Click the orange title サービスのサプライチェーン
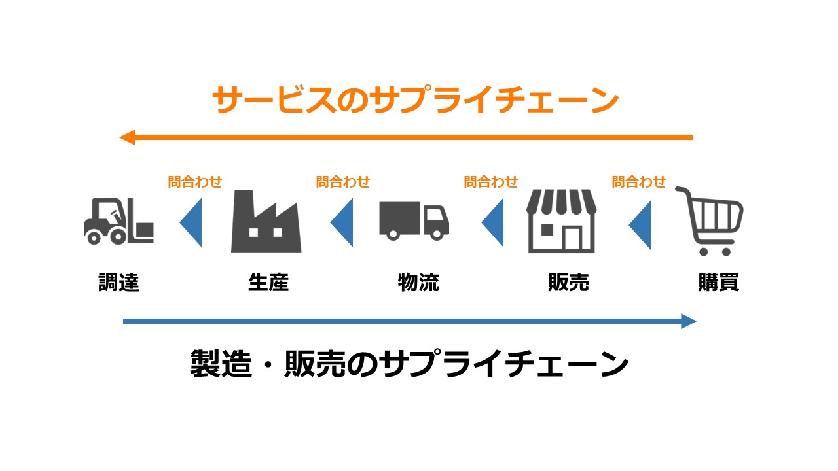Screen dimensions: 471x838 (416, 101)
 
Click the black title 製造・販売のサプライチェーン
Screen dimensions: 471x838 (409, 364)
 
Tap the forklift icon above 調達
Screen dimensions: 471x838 (118, 221)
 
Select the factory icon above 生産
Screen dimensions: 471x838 (266, 222)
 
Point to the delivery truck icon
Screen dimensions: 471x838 (414, 220)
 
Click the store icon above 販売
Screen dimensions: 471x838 (562, 221)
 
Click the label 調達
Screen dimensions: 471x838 (118, 283)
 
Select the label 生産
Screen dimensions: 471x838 (268, 283)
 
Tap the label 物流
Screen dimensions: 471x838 (418, 283)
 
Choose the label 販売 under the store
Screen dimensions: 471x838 (568, 283)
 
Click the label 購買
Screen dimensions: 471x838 (718, 283)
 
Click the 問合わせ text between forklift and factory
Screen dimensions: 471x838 (195, 182)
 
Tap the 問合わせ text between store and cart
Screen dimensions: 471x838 (639, 182)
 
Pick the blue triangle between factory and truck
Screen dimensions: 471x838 (343, 224)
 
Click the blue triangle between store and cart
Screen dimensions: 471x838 (642, 224)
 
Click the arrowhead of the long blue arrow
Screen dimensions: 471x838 (688, 321)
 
